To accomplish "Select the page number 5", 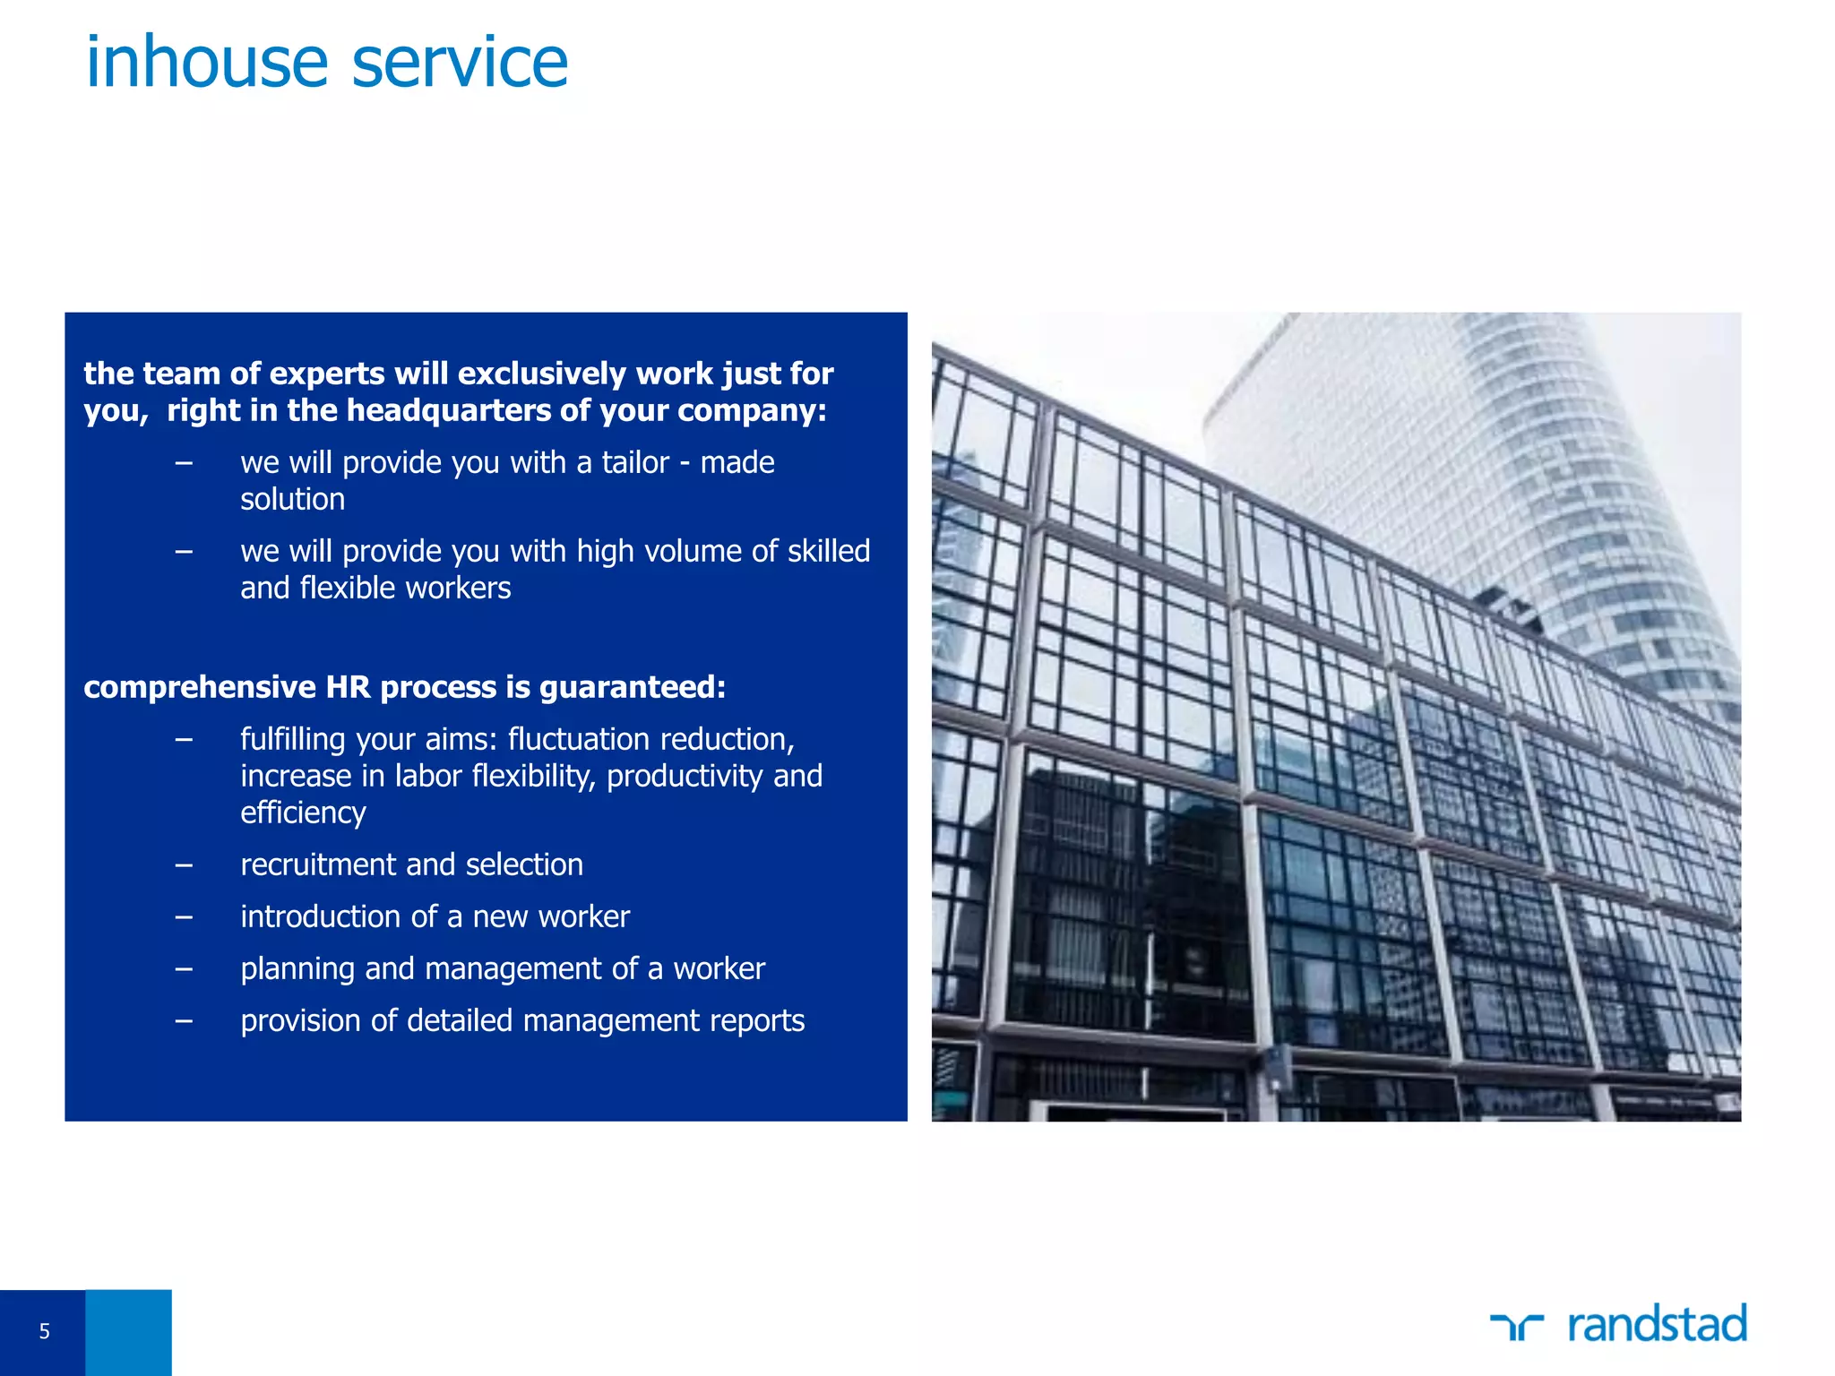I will [44, 1331].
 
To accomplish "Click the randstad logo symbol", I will [1516, 1326].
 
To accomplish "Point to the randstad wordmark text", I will [1657, 1324].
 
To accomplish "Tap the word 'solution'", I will [292, 499].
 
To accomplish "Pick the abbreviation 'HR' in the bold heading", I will [348, 687].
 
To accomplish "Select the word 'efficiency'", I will [303, 813].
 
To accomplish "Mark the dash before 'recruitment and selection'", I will [184, 865].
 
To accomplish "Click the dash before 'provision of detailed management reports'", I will [184, 1021].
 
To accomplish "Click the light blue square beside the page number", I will [128, 1332].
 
